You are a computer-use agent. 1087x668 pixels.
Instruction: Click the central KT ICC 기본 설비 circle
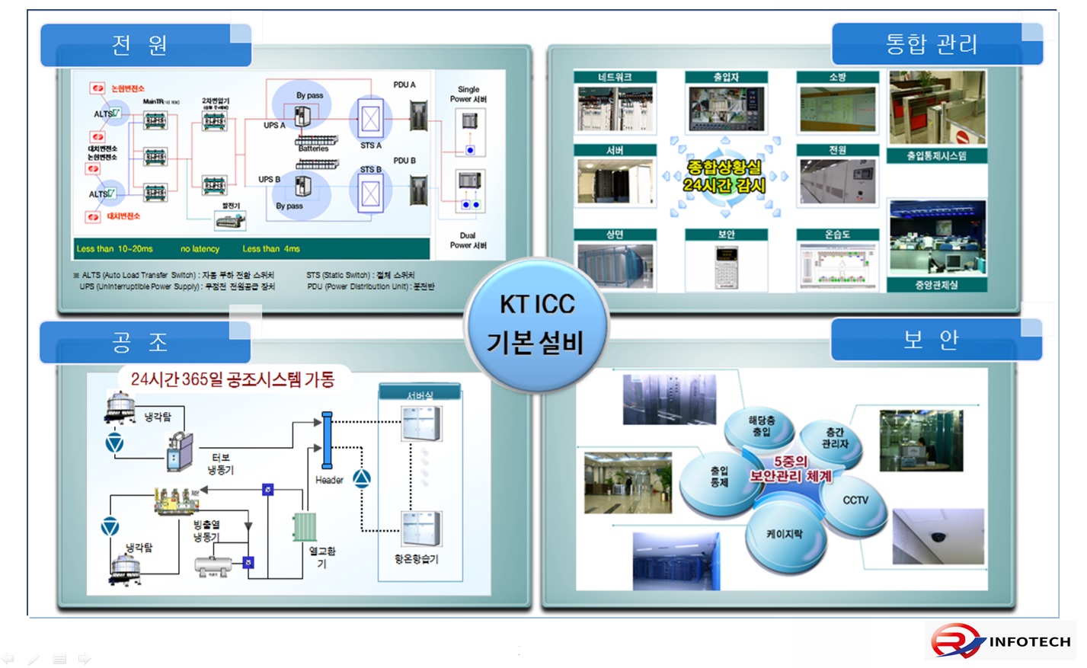tap(536, 324)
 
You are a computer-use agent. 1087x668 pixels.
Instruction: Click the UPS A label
tap(274, 126)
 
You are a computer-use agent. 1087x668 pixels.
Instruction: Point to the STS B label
tap(371, 170)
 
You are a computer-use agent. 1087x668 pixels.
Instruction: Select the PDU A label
tap(404, 85)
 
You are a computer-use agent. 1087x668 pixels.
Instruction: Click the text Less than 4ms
tap(271, 249)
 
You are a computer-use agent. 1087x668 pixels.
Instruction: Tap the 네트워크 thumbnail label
tap(615, 77)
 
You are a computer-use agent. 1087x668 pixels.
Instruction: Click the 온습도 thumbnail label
tap(837, 235)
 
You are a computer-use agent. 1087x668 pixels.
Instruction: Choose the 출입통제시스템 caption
tap(936, 156)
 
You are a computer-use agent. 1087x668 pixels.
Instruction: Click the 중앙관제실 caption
tap(936, 285)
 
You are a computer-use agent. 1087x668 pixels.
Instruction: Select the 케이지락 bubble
tap(785, 535)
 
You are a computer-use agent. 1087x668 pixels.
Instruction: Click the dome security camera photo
tap(938, 538)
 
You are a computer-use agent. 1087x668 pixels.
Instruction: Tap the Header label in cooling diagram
tap(329, 480)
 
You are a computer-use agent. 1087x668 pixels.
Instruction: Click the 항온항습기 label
tap(416, 559)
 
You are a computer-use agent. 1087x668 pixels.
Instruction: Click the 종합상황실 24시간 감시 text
tap(724, 176)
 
